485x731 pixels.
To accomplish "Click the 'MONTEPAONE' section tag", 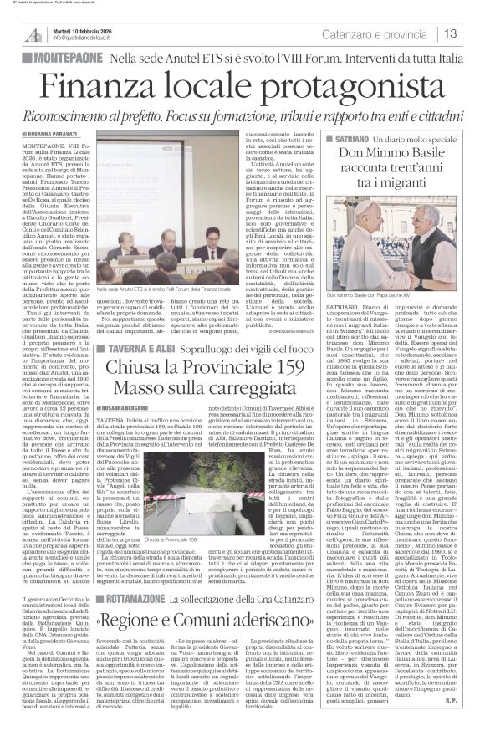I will coord(59,59).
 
